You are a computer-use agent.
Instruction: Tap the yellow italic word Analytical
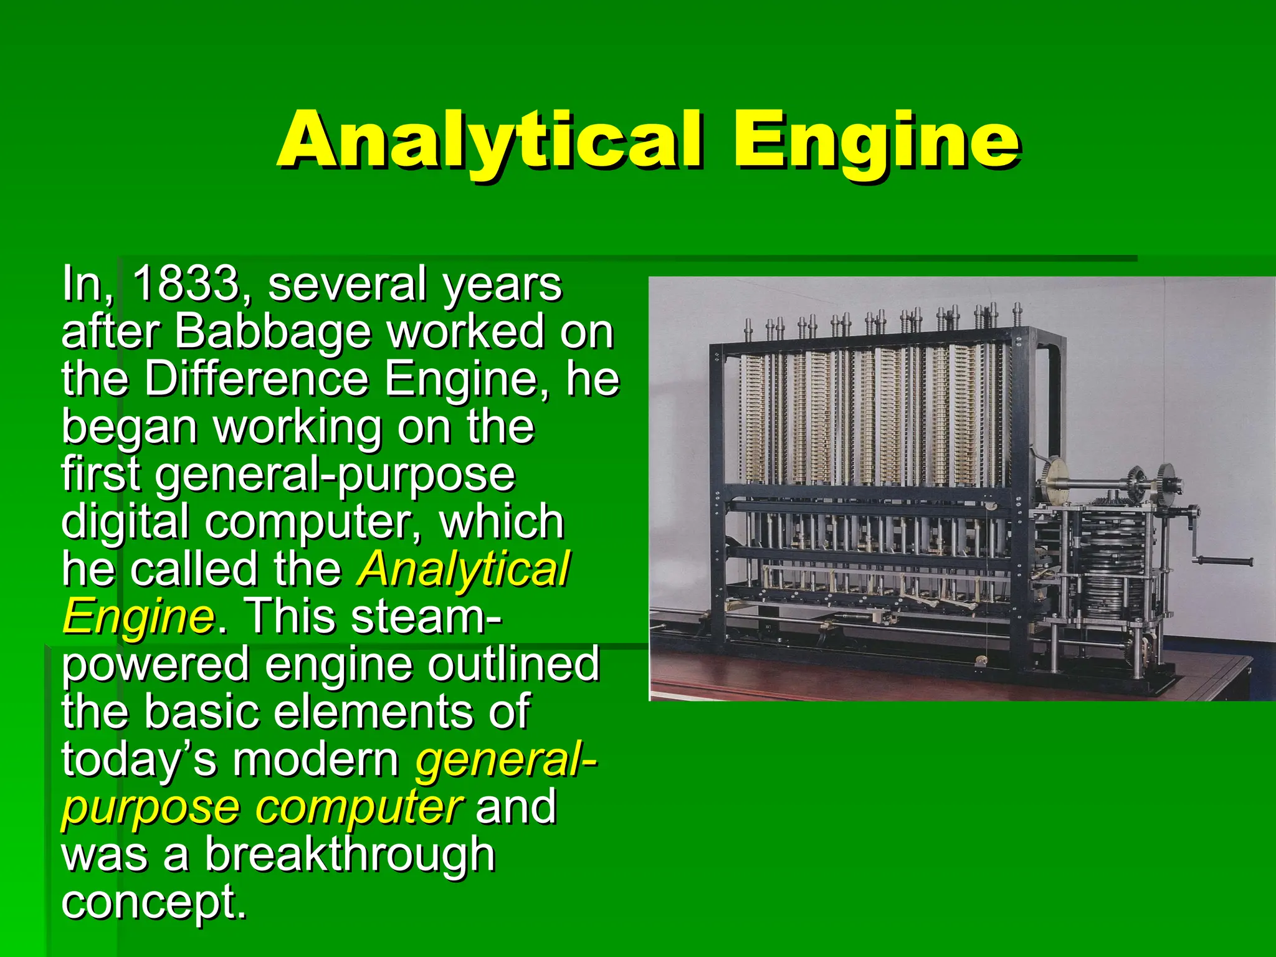pyautogui.click(x=463, y=569)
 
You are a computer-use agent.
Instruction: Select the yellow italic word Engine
pyautogui.click(x=138, y=617)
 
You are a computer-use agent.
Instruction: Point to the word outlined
pyautogui.click(x=513, y=664)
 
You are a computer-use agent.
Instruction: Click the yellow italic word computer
pyautogui.click(x=359, y=808)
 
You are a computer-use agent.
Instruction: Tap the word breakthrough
pyautogui.click(x=350, y=855)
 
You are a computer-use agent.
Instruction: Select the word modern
pyautogui.click(x=316, y=760)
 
